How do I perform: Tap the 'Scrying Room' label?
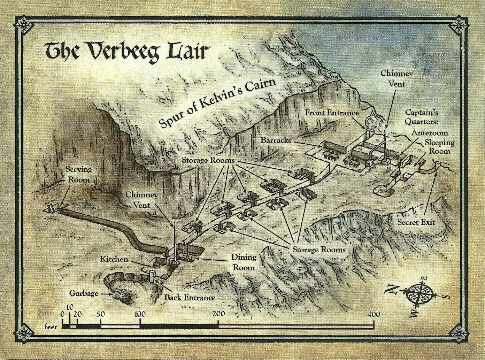point(78,175)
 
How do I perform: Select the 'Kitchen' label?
point(114,259)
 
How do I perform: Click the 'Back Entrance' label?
point(190,298)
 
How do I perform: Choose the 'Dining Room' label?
point(244,262)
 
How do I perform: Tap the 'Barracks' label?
point(276,140)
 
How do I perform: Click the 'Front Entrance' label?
point(332,113)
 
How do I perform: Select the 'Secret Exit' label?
point(416,222)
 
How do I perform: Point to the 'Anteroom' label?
point(429,133)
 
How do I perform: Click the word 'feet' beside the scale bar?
point(52,327)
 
